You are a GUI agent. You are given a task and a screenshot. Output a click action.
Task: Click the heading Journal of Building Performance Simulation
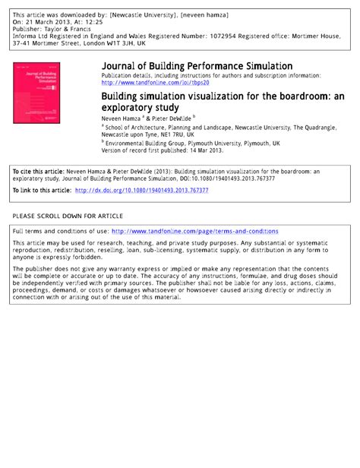197,67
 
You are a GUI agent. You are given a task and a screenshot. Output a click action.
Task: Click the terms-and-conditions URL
195,230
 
